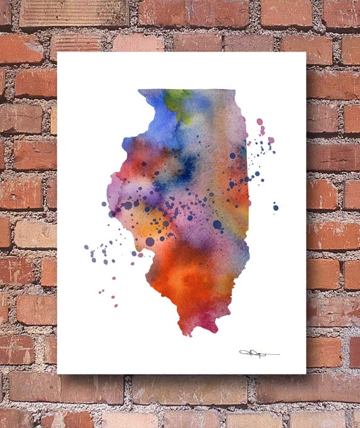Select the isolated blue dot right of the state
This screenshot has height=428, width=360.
pos(275,206)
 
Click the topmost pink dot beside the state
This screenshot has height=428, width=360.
pos(260,121)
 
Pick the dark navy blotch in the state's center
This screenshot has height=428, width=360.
pos(187,165)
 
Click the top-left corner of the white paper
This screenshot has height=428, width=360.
pos(58,52)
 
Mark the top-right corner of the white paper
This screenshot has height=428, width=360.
pos(306,52)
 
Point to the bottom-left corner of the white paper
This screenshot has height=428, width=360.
pos(58,373)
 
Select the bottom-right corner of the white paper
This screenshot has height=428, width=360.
pos(306,373)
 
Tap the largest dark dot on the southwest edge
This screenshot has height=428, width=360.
pos(150,241)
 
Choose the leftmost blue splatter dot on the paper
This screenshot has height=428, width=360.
pos(87,247)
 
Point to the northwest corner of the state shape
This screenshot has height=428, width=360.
pos(140,92)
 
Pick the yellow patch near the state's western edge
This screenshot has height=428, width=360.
pos(136,224)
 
